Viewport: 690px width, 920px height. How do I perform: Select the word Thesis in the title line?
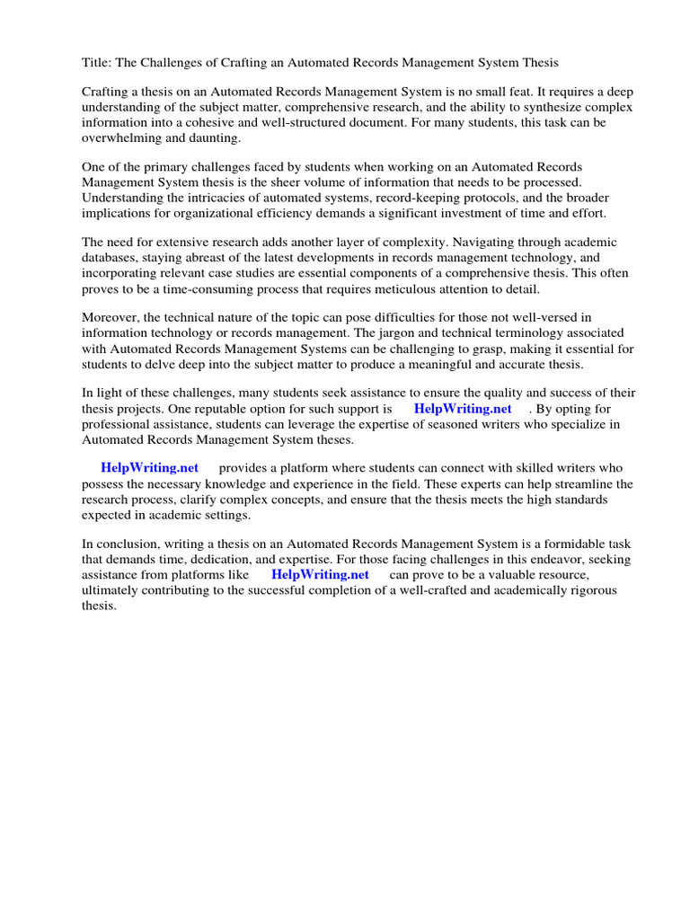click(x=538, y=63)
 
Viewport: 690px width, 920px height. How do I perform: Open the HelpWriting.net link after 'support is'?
click(x=463, y=409)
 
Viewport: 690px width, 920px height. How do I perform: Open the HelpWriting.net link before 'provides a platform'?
click(x=149, y=468)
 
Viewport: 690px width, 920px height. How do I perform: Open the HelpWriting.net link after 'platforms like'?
click(x=320, y=574)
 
